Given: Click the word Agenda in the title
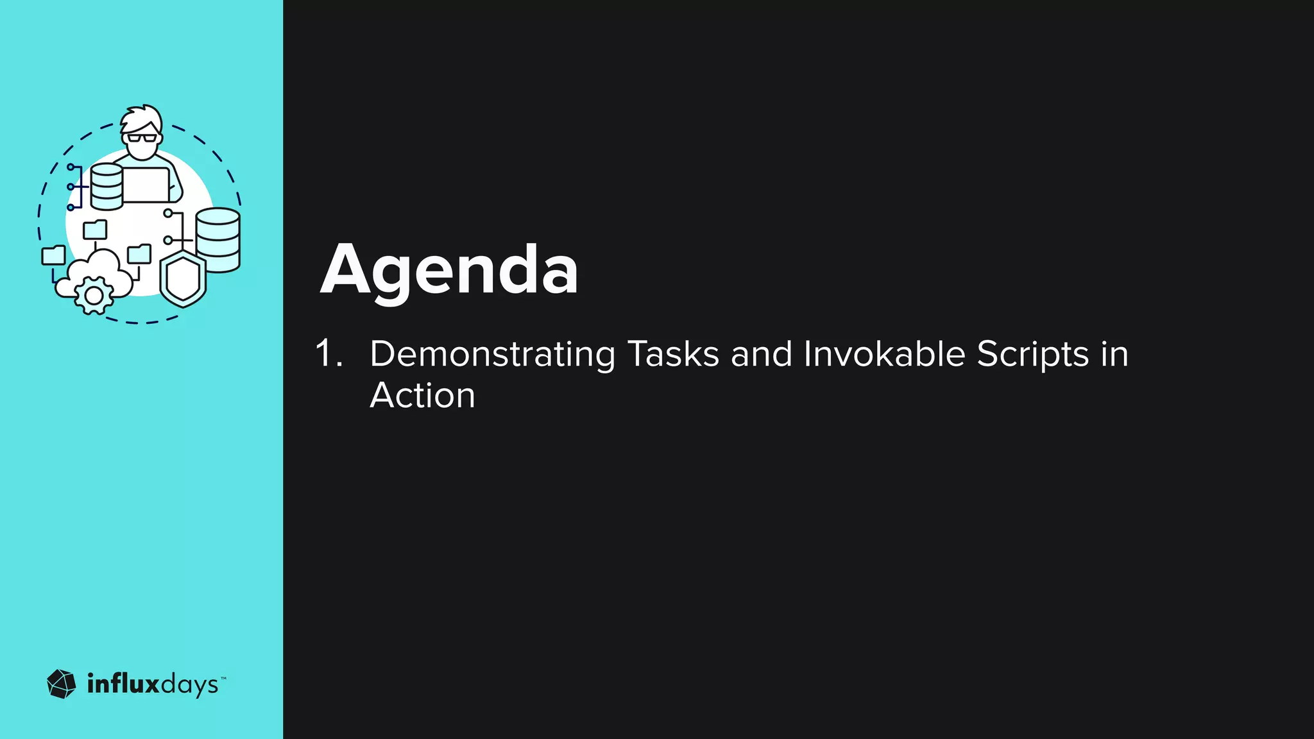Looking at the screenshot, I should click(x=449, y=271).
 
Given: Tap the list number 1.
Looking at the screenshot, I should click(x=328, y=353).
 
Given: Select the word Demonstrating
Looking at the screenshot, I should click(x=492, y=355).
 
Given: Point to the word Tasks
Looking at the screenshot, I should click(x=672, y=353).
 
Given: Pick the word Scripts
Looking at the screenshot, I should click(x=1032, y=355).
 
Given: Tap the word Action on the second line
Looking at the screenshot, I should click(x=422, y=395).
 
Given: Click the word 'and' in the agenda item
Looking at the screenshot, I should click(x=761, y=353).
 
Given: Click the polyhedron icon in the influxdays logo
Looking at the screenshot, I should click(x=62, y=684).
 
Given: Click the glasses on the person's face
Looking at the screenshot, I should click(x=142, y=137).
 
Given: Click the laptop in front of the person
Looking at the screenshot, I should click(x=146, y=185).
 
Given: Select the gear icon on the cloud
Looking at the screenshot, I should click(x=94, y=296).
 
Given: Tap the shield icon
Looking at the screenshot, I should click(x=183, y=280).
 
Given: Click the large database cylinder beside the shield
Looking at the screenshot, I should click(x=218, y=240).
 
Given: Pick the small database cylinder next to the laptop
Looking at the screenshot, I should click(x=107, y=187).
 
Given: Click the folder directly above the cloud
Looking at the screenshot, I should click(x=96, y=229).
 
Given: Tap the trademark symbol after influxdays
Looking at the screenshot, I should click(x=223, y=677).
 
